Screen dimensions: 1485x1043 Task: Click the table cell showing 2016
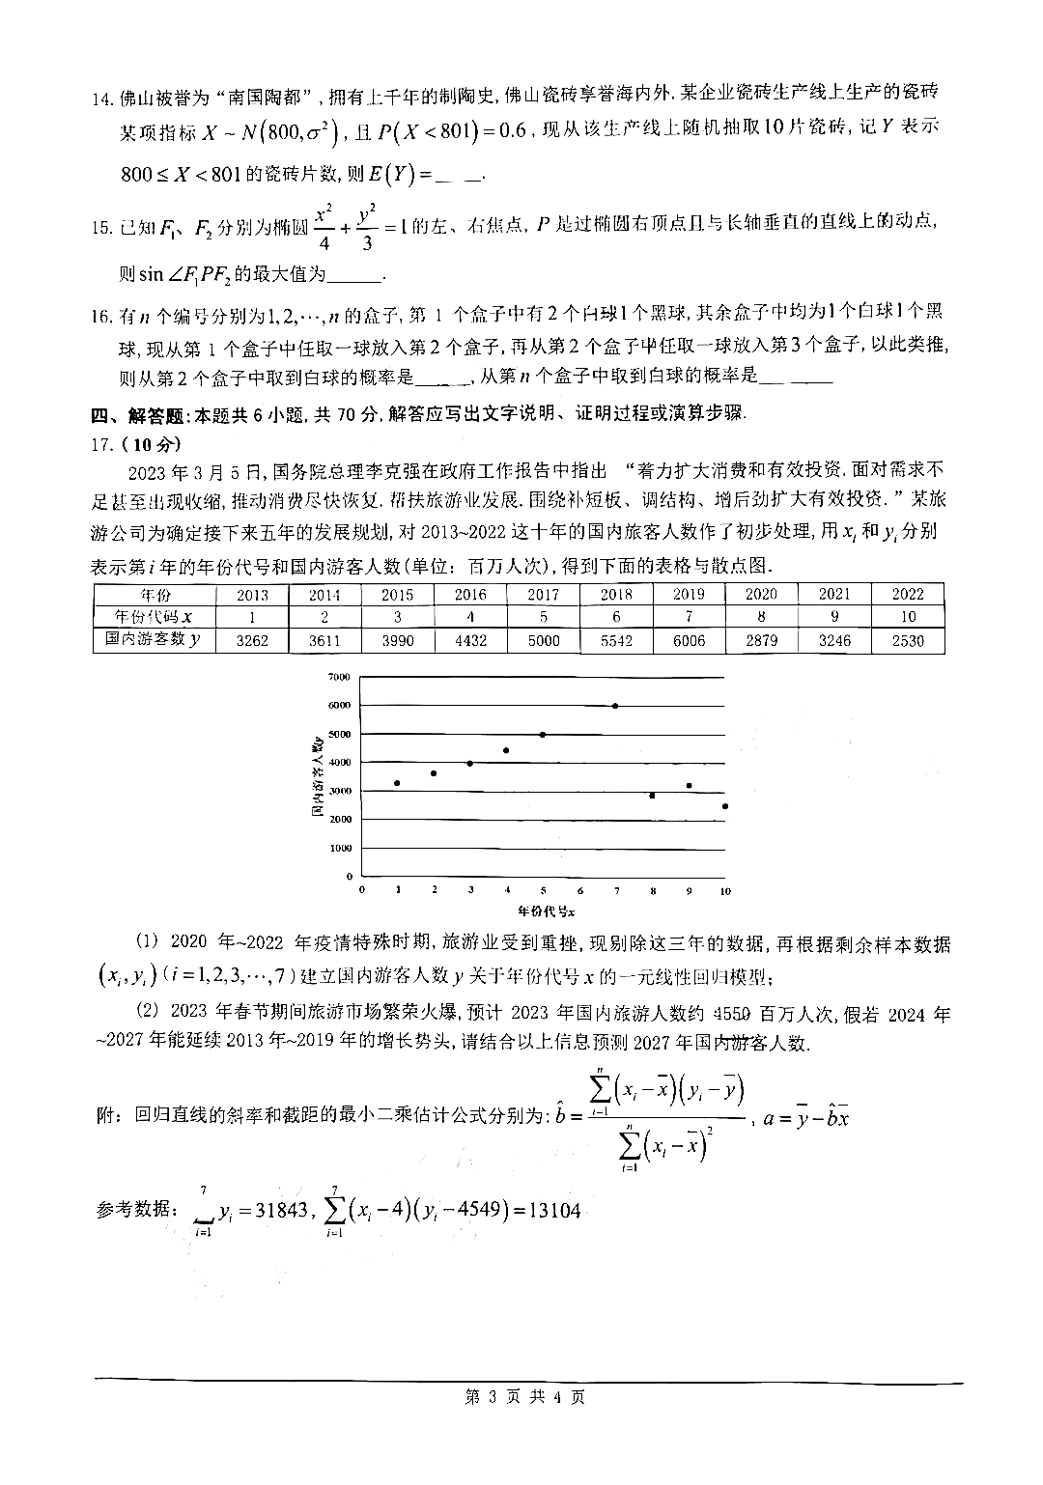click(x=470, y=595)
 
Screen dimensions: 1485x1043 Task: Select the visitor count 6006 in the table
click(x=689, y=640)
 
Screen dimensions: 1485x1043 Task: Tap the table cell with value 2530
click(x=908, y=640)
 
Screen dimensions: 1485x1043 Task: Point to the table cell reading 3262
click(x=252, y=640)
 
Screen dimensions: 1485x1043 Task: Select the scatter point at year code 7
click(x=615, y=706)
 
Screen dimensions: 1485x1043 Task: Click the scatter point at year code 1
click(x=397, y=783)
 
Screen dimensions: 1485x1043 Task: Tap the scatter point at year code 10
click(x=724, y=806)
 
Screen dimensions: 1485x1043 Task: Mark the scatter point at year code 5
click(x=543, y=735)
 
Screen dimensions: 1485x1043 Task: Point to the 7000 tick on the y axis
click(x=339, y=677)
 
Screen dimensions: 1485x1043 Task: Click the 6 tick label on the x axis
click(x=579, y=890)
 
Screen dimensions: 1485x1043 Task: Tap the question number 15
click(x=101, y=228)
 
